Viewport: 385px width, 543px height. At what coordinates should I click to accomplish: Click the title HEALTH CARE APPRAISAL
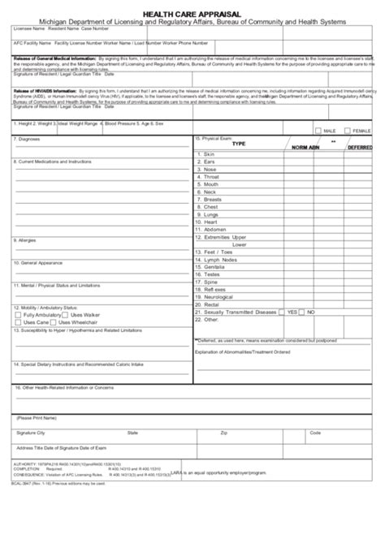[x=192, y=13]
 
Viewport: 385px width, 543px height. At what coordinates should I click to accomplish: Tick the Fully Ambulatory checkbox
[x=19, y=315]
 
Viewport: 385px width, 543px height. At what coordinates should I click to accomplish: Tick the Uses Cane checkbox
[x=19, y=322]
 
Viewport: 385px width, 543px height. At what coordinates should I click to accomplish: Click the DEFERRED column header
[x=360, y=148]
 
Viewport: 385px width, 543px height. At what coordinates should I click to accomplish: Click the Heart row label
[x=210, y=222]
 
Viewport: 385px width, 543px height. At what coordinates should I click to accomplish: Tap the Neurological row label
[x=219, y=296]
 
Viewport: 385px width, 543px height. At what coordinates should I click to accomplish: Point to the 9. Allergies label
[x=26, y=240]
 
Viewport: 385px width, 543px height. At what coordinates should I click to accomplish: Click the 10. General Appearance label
[x=40, y=263]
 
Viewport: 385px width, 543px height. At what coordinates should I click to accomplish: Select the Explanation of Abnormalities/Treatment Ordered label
[x=253, y=351]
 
